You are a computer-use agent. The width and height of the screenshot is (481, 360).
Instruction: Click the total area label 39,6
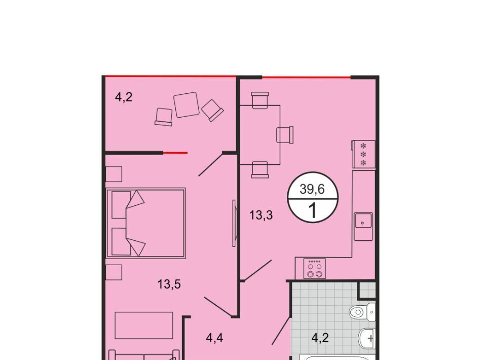312,189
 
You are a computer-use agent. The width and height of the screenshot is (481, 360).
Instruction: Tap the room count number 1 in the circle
313,210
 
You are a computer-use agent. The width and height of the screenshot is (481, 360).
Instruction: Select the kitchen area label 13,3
261,215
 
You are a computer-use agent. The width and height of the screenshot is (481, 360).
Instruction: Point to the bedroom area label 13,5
169,284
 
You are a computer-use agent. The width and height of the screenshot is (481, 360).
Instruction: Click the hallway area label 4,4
214,338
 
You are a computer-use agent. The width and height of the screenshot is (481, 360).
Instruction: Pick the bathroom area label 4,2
320,338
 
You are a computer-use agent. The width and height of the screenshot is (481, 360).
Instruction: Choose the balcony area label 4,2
124,97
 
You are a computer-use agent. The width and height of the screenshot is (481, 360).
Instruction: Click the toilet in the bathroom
362,312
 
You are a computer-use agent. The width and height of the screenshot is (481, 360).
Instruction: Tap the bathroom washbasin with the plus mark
367,339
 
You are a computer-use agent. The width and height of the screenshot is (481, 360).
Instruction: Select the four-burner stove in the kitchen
315,269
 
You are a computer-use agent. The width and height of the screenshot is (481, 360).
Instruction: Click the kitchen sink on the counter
363,226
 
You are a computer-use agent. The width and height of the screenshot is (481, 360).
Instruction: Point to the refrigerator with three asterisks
364,154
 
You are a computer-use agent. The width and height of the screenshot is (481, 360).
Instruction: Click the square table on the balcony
186,104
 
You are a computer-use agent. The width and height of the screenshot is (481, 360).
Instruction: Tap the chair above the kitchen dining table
260,100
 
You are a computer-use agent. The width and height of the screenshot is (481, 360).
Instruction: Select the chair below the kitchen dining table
260,170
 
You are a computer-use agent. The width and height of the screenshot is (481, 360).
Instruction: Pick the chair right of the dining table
285,135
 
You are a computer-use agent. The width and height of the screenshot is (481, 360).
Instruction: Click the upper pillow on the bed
122,205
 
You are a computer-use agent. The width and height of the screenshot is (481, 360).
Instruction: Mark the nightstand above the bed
114,174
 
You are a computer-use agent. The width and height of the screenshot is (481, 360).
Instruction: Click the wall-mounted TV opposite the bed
234,223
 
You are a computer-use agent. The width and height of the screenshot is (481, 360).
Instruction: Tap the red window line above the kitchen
307,78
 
